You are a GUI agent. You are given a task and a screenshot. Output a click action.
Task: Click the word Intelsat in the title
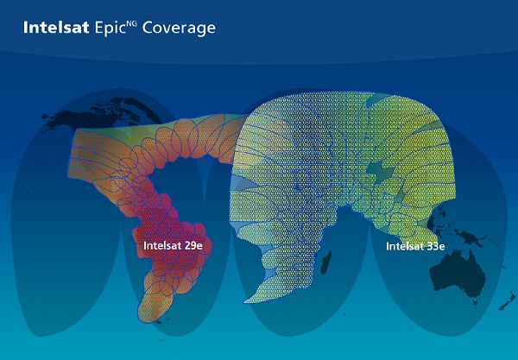pyautogui.click(x=56, y=28)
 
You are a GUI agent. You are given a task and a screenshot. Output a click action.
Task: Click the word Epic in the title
pyautogui.click(x=111, y=28)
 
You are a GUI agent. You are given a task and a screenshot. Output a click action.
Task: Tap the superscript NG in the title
pyautogui.click(x=132, y=22)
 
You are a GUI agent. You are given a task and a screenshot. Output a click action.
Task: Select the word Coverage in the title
pyautogui.click(x=179, y=28)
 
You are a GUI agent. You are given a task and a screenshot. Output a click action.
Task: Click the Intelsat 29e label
pyautogui.click(x=173, y=246)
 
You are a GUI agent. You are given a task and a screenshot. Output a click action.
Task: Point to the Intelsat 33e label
pyautogui.click(x=415, y=246)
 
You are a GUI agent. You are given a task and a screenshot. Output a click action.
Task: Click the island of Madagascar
pyautogui.click(x=326, y=262)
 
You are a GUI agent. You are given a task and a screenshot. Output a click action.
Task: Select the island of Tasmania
pyautogui.click(x=475, y=301)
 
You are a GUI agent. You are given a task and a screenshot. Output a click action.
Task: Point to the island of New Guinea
pyautogui.click(x=471, y=237)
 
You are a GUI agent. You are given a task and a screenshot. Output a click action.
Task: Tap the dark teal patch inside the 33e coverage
pyautogui.click(x=380, y=171)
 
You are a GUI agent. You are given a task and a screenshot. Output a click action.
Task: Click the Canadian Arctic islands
pyautogui.click(x=119, y=108)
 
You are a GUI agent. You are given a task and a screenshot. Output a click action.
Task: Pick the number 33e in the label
pyautogui.click(x=435, y=246)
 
